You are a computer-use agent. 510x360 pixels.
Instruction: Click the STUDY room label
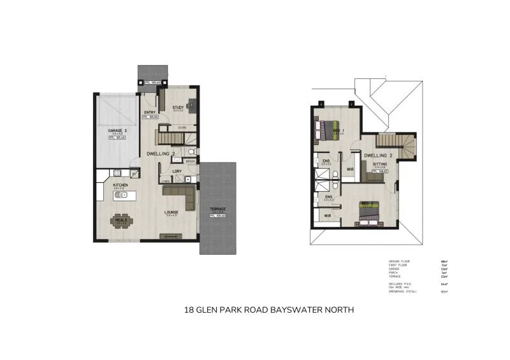coord(178,108)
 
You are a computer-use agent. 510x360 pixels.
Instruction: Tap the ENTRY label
coord(150,113)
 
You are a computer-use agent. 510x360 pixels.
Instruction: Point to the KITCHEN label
coord(120,185)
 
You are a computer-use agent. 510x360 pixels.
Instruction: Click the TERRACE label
coord(218,210)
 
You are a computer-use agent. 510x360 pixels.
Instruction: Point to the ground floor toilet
coord(193,152)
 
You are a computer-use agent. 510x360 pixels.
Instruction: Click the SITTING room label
coord(380,164)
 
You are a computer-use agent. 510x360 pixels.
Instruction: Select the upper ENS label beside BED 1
coord(326,161)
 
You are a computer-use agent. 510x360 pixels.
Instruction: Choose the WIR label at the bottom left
coord(328,216)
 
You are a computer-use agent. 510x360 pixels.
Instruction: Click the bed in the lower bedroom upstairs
coord(368,212)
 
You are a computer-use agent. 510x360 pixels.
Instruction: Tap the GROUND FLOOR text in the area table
coord(398,261)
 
